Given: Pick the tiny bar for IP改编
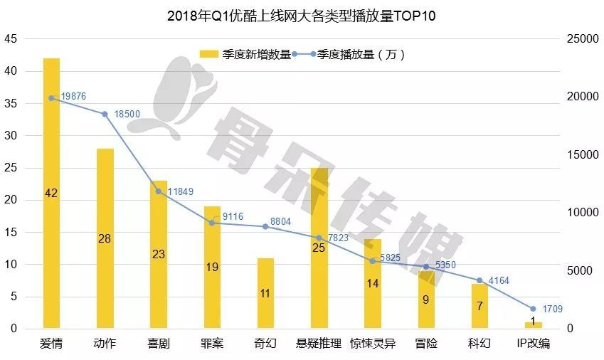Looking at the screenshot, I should click(533, 325).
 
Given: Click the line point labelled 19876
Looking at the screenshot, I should click(51, 98).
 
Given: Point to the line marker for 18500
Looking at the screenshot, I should click(105, 114).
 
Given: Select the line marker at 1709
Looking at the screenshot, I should click(533, 309).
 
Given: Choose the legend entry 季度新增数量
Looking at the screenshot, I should click(246, 54).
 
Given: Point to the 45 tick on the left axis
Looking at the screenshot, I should click(11, 39).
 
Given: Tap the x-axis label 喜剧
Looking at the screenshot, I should click(158, 344).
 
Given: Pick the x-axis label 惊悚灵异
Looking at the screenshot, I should click(372, 344).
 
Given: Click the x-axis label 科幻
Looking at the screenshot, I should click(479, 344).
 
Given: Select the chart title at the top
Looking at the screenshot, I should click(301, 15).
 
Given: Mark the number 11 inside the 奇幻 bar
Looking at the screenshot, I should click(265, 292).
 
